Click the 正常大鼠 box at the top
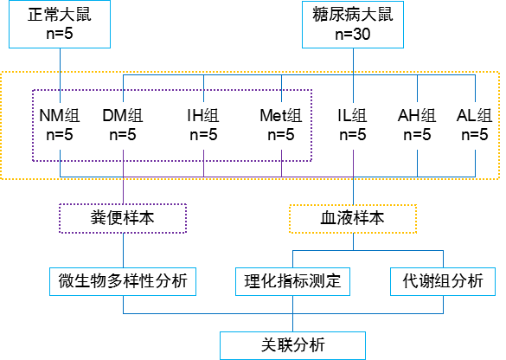[x=60, y=24]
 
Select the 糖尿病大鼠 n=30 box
[x=353, y=25]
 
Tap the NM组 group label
[x=60, y=115]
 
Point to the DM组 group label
[x=123, y=115]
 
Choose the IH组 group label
[x=203, y=115]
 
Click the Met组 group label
[x=281, y=115]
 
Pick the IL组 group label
[x=352, y=115]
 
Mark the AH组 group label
[x=417, y=115]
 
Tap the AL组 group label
[x=474, y=115]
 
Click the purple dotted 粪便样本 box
[x=123, y=218]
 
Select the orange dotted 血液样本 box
[x=353, y=219]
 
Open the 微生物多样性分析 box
[x=123, y=281]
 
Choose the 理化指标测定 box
[x=292, y=281]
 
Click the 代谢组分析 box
[x=443, y=281]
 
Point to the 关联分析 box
[x=292, y=345]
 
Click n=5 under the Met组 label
[x=281, y=135]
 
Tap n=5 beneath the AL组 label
[x=475, y=135]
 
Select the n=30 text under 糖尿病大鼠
[x=353, y=34]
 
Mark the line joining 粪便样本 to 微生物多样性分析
[x=124, y=250]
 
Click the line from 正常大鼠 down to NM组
[x=60, y=75]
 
